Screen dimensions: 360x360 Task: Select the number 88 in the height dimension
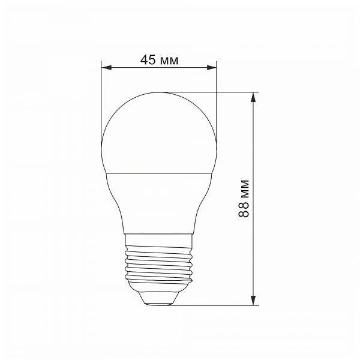coord(243,211)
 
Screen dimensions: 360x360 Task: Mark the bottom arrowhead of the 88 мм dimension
coord(255,301)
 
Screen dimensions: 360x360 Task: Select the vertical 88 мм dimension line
coord(255,150)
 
